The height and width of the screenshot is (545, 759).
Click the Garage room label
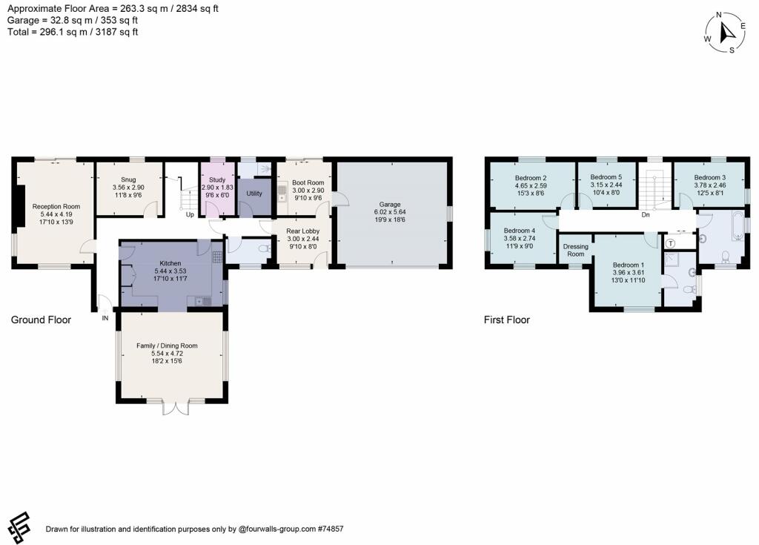coord(391,204)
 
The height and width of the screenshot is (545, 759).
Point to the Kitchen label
coord(170,262)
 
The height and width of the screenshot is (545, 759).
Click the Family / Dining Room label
coord(172,346)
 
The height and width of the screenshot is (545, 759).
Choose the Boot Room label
coord(308,182)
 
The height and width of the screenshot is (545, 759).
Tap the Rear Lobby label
coord(302,231)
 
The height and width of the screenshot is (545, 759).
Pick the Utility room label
coord(254,194)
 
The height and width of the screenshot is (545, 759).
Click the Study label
coord(217,179)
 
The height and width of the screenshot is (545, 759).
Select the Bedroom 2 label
coord(531,178)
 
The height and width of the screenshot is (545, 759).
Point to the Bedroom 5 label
coord(606,177)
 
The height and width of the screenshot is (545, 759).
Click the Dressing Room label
coord(576,250)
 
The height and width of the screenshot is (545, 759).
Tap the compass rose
coord(725,33)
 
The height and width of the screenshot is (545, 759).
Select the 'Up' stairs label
coord(190,214)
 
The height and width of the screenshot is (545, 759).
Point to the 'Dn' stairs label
coord(646,215)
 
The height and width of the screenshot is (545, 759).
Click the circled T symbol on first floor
coord(671,243)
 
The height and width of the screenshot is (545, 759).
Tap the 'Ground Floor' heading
coord(41,320)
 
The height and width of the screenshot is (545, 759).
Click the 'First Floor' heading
coord(507,320)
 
